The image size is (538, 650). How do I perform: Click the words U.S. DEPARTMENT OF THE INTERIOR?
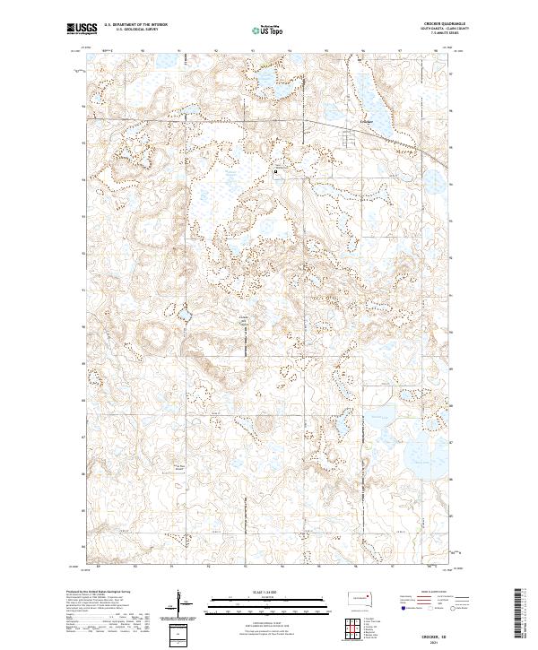tap(134, 24)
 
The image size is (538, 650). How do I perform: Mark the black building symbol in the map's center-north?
tap(275, 169)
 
